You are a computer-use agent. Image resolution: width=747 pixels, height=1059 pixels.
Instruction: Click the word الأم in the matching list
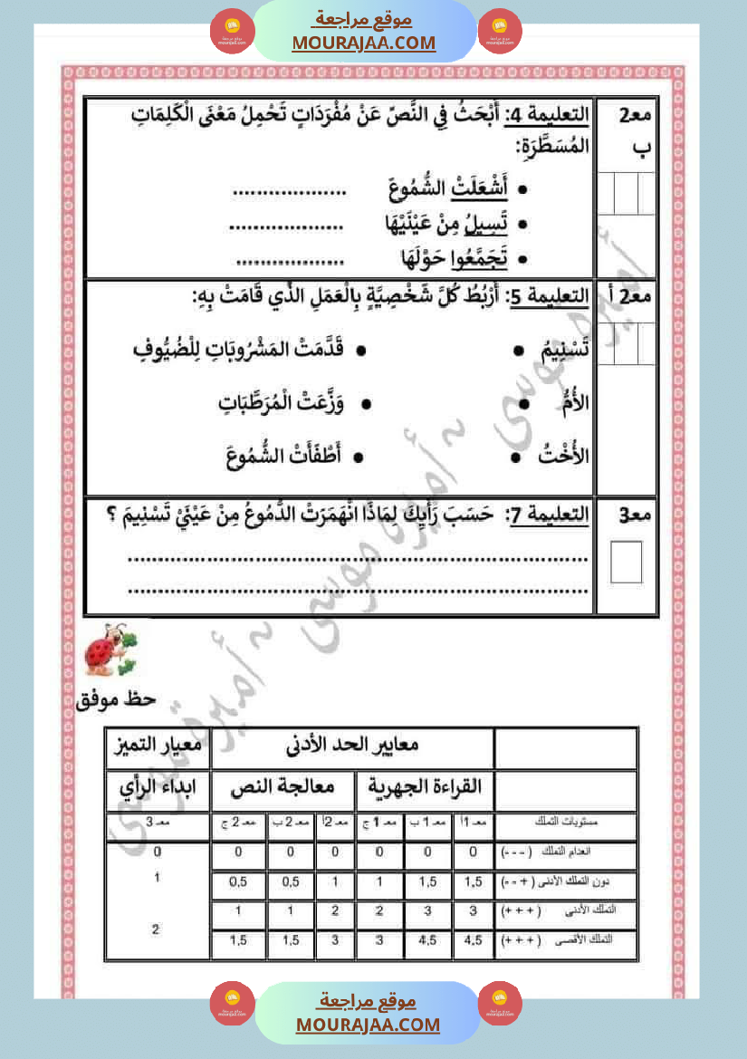(x=576, y=403)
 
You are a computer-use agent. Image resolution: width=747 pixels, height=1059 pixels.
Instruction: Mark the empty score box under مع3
(x=626, y=562)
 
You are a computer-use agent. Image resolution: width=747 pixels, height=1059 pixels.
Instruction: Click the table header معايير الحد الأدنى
(x=352, y=747)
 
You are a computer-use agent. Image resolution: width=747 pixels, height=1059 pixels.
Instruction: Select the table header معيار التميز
(x=157, y=747)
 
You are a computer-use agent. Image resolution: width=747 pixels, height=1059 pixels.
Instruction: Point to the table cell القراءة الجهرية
(x=426, y=789)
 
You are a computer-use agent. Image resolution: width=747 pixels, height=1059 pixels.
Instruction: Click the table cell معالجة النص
(x=283, y=789)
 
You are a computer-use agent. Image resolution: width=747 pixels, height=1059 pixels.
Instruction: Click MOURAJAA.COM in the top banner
(x=363, y=43)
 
